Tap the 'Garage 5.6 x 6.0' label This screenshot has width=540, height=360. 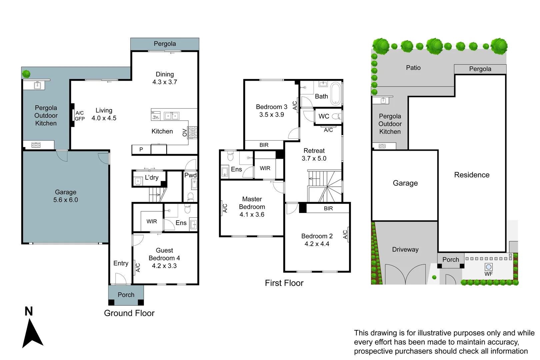click(x=66, y=196)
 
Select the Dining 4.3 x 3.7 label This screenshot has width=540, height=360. click(x=165, y=78)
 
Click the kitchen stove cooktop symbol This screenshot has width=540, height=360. click(x=193, y=132)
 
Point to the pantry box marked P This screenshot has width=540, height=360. click(x=141, y=150)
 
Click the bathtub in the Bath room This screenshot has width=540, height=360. click(x=335, y=93)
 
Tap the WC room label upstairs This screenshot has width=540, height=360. click(x=324, y=116)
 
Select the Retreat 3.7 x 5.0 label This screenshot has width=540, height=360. click(x=314, y=155)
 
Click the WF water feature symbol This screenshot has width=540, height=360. click(x=489, y=267)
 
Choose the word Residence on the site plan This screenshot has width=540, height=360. click(x=472, y=175)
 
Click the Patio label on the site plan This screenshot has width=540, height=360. click(x=413, y=68)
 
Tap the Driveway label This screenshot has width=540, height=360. click(x=405, y=250)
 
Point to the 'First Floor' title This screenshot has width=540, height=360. click(x=284, y=283)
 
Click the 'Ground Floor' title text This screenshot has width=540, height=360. click(x=129, y=313)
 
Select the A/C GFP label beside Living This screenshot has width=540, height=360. click(x=80, y=116)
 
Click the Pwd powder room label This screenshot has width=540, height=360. click(x=190, y=175)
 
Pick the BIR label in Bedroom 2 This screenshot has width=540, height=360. click(x=328, y=208)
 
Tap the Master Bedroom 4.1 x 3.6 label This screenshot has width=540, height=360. click(x=252, y=207)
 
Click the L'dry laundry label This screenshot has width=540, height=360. click(x=152, y=178)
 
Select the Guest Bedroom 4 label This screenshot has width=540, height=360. click(x=164, y=258)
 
